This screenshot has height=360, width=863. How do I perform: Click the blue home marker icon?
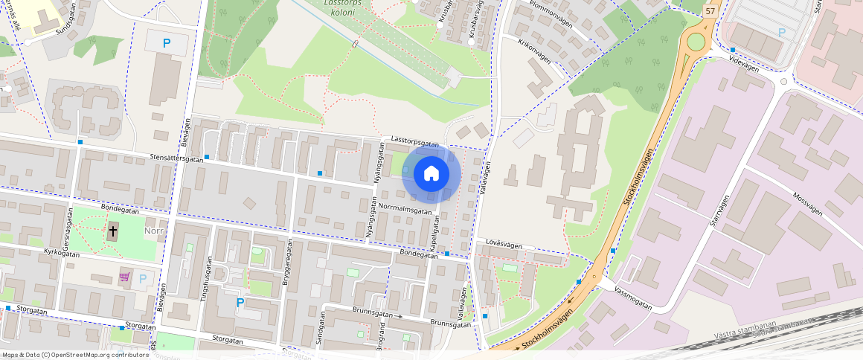431,174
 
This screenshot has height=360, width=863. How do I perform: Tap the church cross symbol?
113,231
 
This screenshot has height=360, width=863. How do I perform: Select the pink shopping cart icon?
124,277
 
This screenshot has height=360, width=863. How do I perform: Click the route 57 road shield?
710,10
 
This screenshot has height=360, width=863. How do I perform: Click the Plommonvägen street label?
550,13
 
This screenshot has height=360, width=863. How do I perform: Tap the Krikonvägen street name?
533,51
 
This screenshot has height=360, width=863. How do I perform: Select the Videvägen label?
744,64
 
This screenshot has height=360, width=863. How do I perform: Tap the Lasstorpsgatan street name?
414,142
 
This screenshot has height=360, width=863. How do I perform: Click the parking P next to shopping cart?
142,277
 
